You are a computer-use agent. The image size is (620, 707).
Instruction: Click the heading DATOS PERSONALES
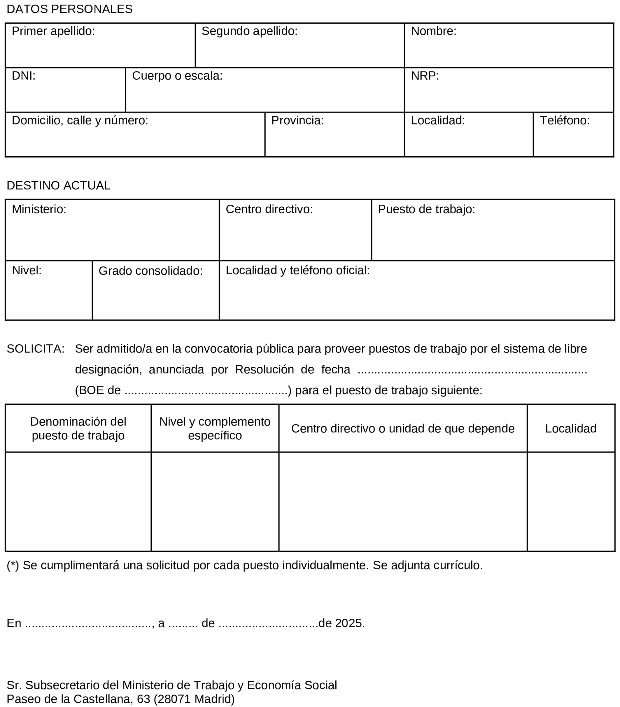click(69, 9)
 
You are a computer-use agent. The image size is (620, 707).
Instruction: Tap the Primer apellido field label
click(53, 31)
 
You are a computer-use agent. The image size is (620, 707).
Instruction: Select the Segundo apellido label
click(249, 31)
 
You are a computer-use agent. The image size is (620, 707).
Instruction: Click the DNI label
click(24, 76)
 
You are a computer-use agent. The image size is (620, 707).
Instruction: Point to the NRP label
click(425, 76)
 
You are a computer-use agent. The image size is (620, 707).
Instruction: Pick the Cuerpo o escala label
click(177, 76)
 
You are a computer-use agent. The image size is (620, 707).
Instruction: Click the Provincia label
click(297, 120)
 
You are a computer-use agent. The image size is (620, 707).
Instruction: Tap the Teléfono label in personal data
click(565, 120)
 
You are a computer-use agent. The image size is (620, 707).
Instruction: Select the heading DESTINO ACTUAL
click(58, 186)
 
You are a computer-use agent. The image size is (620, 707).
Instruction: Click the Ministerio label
click(39, 209)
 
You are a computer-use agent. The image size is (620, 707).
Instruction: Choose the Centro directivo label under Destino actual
click(269, 209)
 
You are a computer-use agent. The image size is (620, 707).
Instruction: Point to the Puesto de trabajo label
click(427, 209)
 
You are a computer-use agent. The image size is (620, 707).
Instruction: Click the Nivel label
click(27, 271)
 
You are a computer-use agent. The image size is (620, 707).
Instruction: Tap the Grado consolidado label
click(150, 271)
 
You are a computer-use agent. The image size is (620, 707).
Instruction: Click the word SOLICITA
click(36, 349)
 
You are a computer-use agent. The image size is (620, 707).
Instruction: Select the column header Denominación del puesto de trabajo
click(78, 429)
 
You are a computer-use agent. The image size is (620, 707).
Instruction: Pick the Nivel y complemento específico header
click(215, 429)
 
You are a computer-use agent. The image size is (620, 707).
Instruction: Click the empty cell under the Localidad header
click(571, 501)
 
